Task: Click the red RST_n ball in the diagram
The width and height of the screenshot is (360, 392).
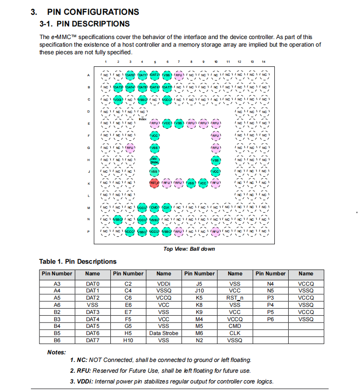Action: tap(155, 183)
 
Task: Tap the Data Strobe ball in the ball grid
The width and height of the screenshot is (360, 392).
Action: tap(155, 160)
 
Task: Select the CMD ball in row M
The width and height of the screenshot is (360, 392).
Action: tap(155, 207)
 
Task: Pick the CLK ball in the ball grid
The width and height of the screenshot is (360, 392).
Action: tap(167, 207)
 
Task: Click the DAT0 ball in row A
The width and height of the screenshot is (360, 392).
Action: tap(130, 75)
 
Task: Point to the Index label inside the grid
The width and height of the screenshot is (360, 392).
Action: tap(143, 118)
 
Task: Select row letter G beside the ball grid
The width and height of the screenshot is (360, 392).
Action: tap(89, 148)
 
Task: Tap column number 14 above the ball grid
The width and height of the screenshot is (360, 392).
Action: tap(264, 61)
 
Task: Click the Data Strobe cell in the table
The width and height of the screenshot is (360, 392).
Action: tap(164, 333)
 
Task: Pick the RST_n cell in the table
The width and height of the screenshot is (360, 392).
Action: tap(235, 297)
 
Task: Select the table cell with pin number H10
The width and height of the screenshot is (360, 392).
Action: tap(128, 340)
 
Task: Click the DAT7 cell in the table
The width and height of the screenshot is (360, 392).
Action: tap(92, 340)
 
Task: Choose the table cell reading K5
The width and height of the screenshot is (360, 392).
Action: tap(200, 297)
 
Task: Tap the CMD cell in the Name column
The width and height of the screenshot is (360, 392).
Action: tap(235, 326)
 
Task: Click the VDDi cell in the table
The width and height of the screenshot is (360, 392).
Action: tap(164, 283)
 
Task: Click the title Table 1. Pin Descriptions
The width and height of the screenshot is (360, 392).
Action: tap(78, 261)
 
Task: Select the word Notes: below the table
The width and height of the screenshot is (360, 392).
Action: tap(56, 353)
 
